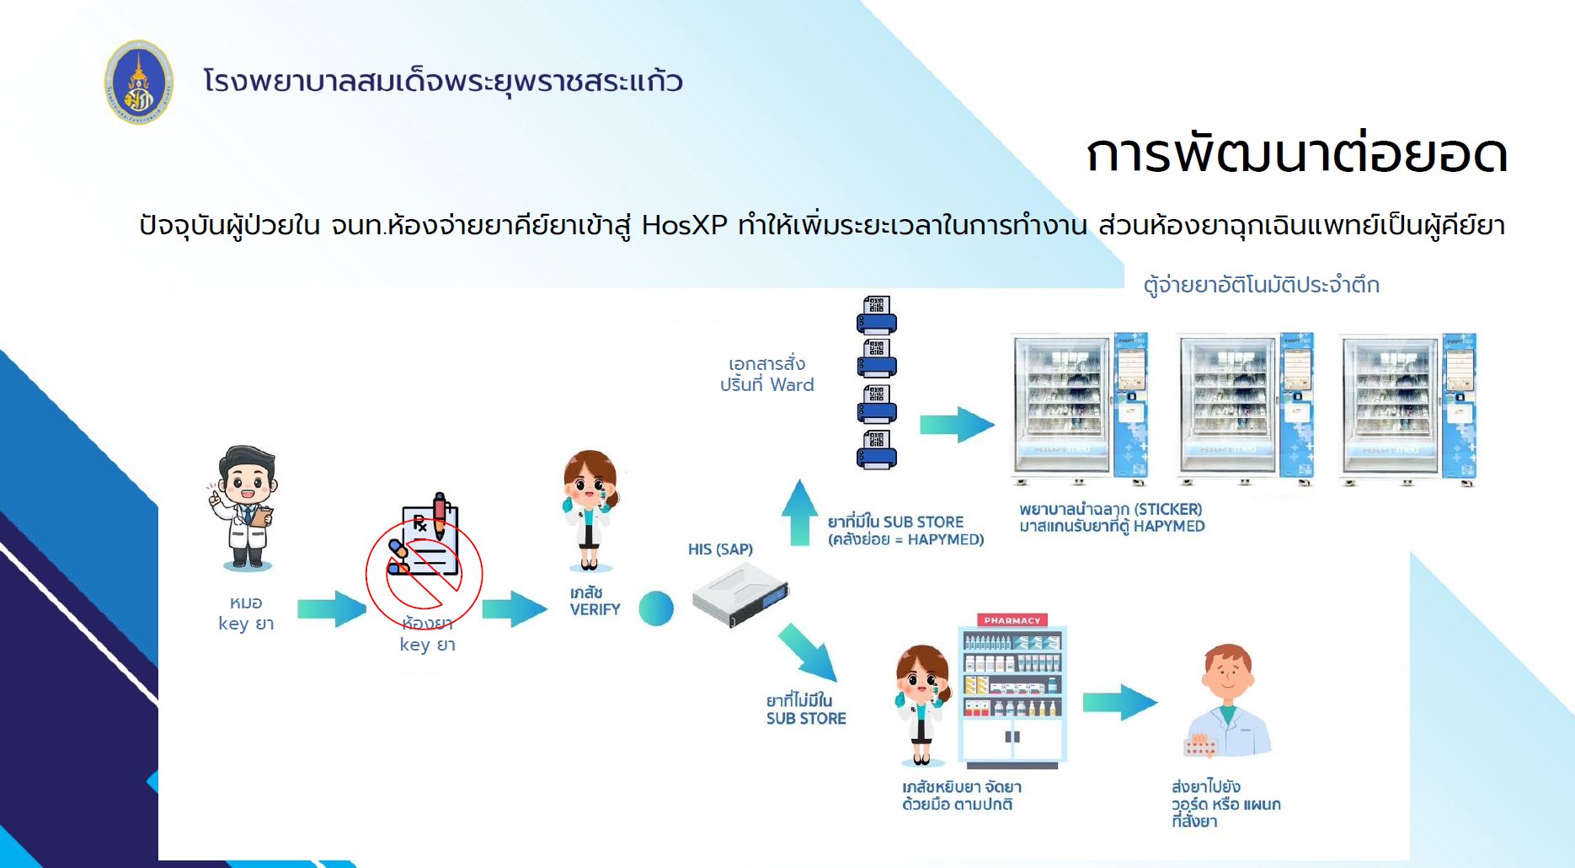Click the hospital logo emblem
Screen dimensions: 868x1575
pos(139,83)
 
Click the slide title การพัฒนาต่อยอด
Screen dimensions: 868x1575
pos(1296,154)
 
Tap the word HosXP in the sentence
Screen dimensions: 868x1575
pos(684,226)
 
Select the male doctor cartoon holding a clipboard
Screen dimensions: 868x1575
pos(244,508)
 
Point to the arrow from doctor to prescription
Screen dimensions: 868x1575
pos(332,608)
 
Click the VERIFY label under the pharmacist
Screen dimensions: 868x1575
pos(595,609)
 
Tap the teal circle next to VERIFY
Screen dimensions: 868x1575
pos(656,608)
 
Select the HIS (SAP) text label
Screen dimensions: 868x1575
pos(720,549)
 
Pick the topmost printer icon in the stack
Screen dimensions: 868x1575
pos(876,315)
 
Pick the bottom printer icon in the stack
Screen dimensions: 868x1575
pos(876,449)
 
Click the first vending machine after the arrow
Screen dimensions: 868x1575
pos(1080,409)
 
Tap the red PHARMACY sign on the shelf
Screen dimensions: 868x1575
pos(1012,620)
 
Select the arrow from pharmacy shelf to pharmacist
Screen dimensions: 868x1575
pos(1119,702)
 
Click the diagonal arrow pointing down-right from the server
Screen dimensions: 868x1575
pos(808,651)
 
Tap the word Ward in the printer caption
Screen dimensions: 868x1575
pos(792,385)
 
